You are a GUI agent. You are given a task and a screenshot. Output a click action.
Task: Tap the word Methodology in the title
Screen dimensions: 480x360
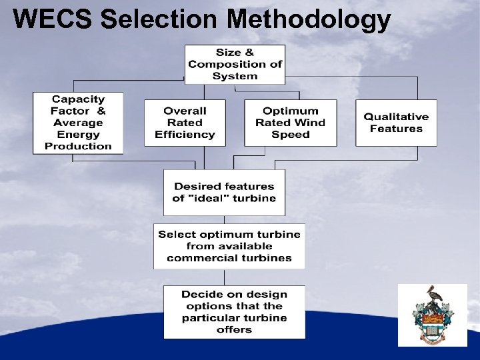coord(308,19)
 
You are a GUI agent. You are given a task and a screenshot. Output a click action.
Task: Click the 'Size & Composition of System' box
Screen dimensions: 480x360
coord(235,64)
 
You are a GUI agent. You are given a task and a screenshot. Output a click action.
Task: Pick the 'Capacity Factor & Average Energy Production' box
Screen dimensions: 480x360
coord(78,123)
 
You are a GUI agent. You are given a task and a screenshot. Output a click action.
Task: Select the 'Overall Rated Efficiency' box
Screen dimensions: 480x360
coord(185,123)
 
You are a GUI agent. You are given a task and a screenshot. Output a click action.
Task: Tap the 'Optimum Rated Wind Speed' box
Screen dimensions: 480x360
coord(290,123)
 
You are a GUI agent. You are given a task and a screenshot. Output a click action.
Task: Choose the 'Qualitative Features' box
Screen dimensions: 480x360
coord(396,123)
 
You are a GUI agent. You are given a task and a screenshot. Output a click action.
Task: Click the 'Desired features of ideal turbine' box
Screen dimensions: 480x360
coord(224,192)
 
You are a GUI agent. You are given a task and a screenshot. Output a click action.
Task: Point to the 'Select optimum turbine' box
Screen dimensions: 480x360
coord(229,246)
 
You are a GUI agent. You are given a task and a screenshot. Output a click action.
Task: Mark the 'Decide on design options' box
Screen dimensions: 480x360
coord(234,311)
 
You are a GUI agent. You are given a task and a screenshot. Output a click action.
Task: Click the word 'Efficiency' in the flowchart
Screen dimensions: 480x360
coord(185,135)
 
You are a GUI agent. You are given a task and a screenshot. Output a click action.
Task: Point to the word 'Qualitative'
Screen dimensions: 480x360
coord(396,117)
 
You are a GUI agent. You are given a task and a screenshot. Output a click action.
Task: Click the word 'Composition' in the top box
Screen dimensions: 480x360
coord(221,64)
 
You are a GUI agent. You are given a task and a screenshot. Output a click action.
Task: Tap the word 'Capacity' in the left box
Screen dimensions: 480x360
coord(78,99)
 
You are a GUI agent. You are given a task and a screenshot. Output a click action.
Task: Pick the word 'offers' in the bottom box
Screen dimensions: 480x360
coord(234,329)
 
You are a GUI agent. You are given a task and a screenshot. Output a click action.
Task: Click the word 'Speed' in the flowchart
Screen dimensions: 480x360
coord(290,135)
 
